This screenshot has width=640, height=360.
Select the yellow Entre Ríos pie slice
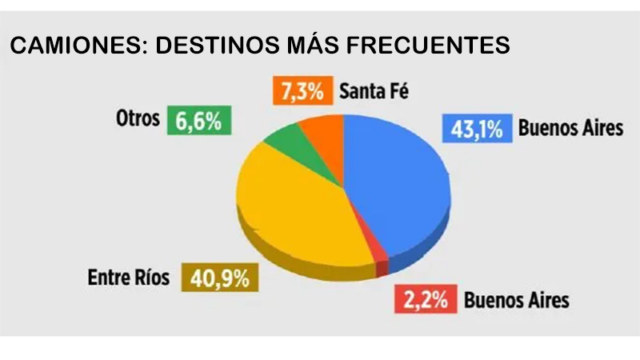(296, 208)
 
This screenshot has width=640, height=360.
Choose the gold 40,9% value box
(218, 278)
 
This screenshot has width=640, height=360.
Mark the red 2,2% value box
(426, 301)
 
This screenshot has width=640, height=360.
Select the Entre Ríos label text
(130, 278)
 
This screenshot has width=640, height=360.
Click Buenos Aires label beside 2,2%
(517, 301)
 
